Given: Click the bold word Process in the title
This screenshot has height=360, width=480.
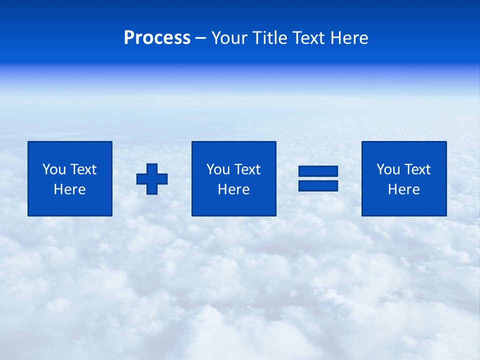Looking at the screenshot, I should tap(157, 37).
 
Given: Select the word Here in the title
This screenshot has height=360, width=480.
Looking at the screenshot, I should tap(348, 37).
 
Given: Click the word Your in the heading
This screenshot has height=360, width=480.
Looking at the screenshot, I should tap(229, 37).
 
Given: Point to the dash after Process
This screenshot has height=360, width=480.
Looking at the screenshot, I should tap(200, 38).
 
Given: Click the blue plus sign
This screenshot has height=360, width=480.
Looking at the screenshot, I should tap(152, 178).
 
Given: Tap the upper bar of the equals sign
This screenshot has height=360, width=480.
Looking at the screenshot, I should tap(318, 171).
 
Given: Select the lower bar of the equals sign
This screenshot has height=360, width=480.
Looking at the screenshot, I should tap(318, 185).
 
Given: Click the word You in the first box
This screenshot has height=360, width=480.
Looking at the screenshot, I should tap(54, 169).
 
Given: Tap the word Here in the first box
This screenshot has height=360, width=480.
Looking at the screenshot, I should tap(69, 189).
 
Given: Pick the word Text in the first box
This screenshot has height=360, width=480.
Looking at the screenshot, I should tap(83, 169).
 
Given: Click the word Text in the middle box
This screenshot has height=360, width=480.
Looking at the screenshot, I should tap(247, 169).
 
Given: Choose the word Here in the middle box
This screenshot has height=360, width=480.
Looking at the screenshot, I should tap(233, 189).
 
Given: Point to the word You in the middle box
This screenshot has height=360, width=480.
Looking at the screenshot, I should tap(218, 169).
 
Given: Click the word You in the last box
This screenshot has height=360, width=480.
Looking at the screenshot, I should tap(388, 169).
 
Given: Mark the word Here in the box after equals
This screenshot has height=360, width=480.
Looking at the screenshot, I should tap(403, 189).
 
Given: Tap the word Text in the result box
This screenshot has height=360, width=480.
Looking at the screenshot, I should tap(417, 169).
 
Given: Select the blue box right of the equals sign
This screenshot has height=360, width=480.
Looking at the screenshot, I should tap(404, 205).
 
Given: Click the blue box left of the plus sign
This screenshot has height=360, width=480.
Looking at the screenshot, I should tap(70, 205).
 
